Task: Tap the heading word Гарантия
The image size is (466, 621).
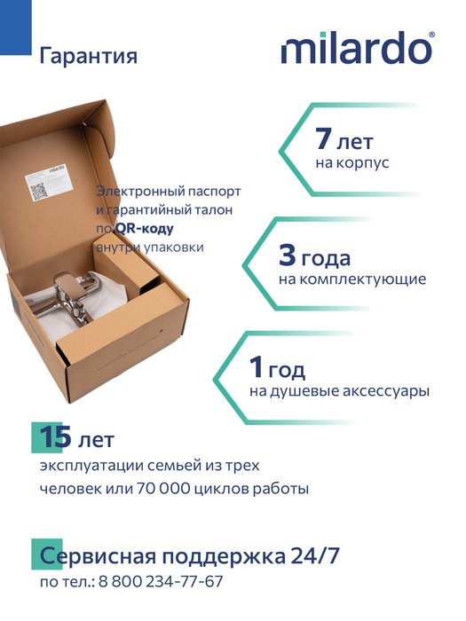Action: click(x=89, y=56)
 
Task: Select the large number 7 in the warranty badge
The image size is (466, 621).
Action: click(x=323, y=138)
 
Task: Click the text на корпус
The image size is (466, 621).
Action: click(x=352, y=162)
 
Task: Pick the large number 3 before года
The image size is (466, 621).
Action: click(x=287, y=255)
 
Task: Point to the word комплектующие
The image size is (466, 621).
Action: click(x=362, y=279)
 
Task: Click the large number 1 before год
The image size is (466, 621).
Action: click(x=257, y=367)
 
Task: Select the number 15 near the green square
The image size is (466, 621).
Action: click(x=55, y=436)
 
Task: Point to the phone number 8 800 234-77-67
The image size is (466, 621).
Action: click(x=161, y=581)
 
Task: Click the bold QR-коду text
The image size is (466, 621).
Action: click(x=144, y=229)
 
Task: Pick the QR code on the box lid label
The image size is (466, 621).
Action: click(x=39, y=192)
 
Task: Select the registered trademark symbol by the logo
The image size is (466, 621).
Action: click(x=431, y=35)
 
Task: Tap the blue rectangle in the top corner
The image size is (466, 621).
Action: click(x=15, y=28)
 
